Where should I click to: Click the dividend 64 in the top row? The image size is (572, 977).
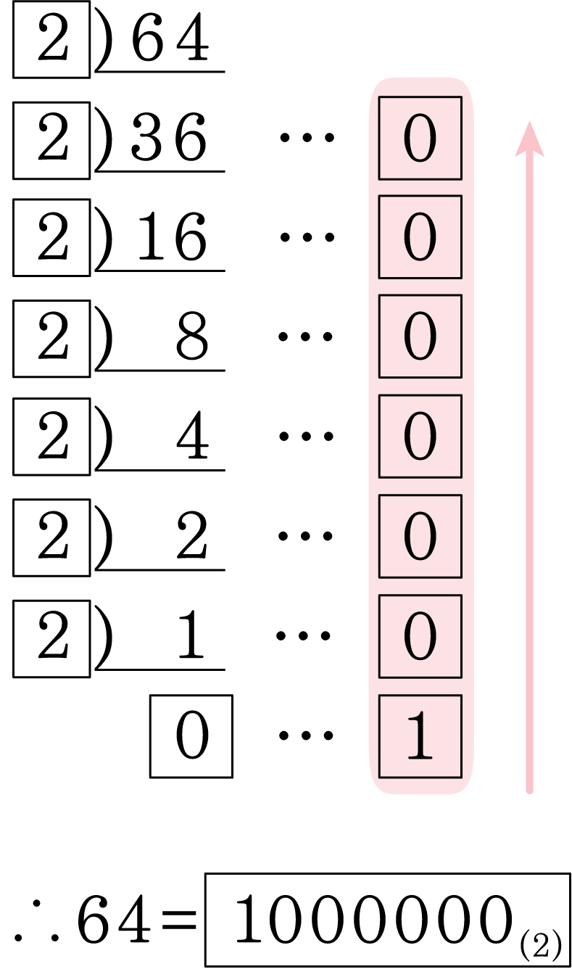(x=170, y=37)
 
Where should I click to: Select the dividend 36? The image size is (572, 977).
(x=169, y=137)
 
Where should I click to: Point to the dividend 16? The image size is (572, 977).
(x=172, y=236)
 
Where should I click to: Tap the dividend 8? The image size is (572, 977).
(x=192, y=337)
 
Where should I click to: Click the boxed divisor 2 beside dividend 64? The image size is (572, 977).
(x=51, y=40)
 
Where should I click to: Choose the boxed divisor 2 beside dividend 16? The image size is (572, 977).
(x=51, y=238)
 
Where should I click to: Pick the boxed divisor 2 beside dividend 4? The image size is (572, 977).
(x=51, y=437)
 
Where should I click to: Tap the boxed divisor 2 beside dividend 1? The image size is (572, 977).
(x=51, y=639)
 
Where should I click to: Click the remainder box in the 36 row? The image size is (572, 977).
(x=420, y=138)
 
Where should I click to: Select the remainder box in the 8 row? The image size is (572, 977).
(x=420, y=337)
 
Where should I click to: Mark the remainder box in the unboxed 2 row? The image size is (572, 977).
(x=420, y=536)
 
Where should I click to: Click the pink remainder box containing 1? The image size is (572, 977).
(x=420, y=736)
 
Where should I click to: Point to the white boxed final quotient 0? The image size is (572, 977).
(x=191, y=736)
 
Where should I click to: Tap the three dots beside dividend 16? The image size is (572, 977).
(x=307, y=237)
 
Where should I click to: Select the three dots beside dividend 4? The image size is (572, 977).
(x=306, y=436)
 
